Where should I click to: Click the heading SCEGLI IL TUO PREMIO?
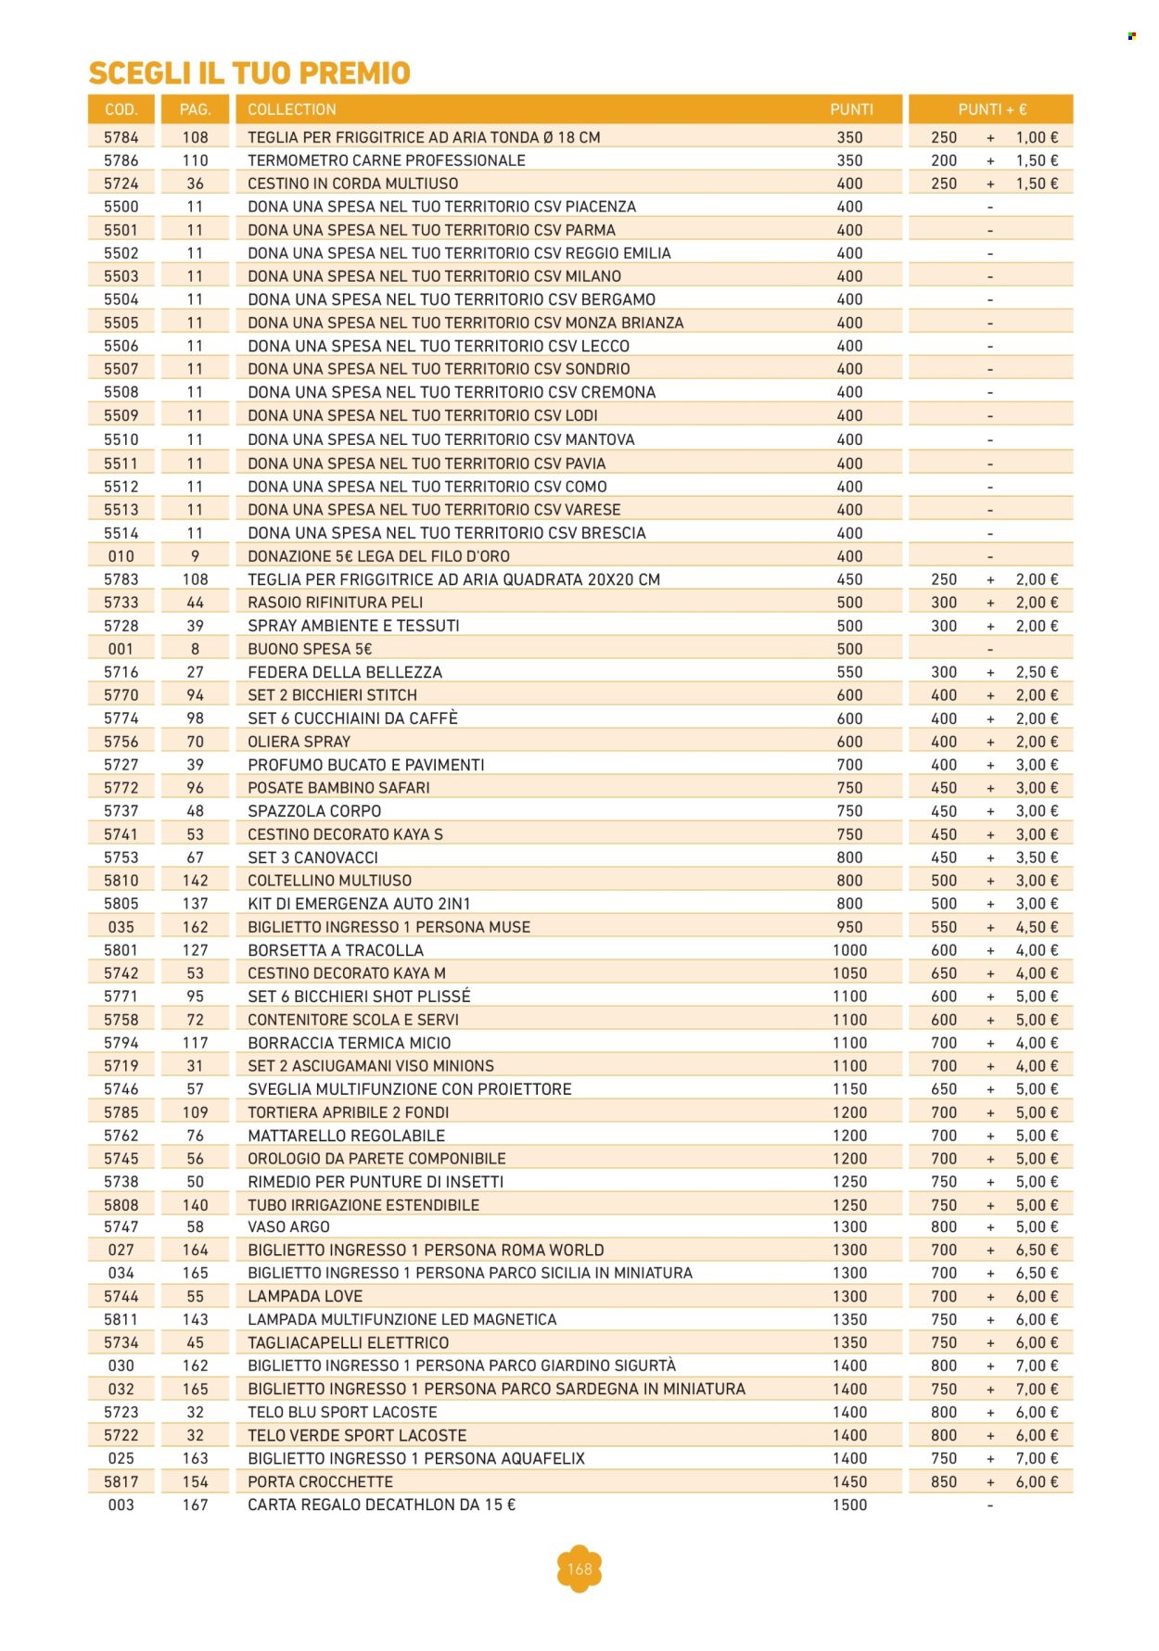249,73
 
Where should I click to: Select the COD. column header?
121,109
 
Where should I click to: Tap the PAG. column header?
195,109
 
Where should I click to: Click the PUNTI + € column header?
991,109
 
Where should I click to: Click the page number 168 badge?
579,1568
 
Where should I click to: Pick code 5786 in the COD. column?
121,160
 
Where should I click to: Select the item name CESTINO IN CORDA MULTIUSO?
352,184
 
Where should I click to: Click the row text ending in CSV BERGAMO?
452,299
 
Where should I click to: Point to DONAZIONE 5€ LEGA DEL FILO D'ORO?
378,556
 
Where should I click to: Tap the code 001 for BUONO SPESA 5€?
121,649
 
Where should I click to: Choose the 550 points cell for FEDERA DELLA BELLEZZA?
849,672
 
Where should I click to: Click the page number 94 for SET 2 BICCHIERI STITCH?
195,695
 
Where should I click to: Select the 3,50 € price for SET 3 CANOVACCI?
1037,857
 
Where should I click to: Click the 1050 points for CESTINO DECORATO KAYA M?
849,973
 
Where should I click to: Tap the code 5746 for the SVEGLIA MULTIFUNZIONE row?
121,1089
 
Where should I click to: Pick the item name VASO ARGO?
288,1226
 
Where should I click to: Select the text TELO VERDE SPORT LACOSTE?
357,1435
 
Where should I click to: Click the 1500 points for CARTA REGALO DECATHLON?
849,1505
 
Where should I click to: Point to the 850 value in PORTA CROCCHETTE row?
944,1481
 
